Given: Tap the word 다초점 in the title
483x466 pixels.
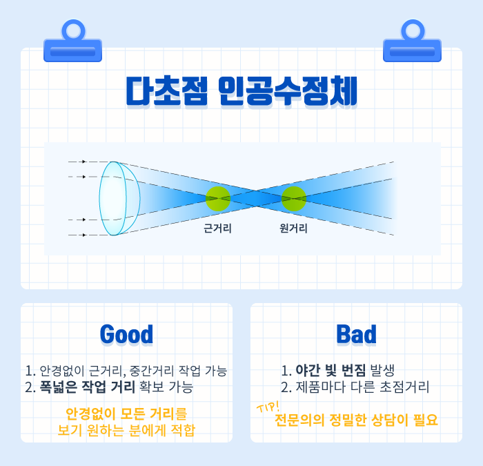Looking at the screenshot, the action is [167, 91].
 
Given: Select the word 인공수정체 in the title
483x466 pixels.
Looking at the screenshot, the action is [288, 91].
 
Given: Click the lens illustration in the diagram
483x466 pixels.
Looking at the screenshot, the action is [119, 198].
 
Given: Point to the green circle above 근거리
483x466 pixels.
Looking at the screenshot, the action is [218, 199].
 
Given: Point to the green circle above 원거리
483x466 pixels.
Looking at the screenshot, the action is [294, 199].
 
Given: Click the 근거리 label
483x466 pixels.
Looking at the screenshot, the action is [217, 229].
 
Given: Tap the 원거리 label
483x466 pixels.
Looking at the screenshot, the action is [293, 229].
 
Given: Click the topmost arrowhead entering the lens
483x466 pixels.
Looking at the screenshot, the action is [84, 162].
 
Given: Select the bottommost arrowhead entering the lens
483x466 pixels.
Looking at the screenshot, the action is [84, 235].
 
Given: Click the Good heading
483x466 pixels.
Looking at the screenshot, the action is [126, 334].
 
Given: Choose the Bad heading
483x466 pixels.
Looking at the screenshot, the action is [357, 334].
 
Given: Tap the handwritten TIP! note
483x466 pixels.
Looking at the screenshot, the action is [268, 407].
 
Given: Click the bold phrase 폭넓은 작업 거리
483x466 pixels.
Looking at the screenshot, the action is [88, 387].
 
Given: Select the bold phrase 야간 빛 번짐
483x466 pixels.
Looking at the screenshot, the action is [331, 370].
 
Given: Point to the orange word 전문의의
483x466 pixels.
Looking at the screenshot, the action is [299, 420].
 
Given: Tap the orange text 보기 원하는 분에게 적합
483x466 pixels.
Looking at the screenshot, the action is [126, 430].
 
